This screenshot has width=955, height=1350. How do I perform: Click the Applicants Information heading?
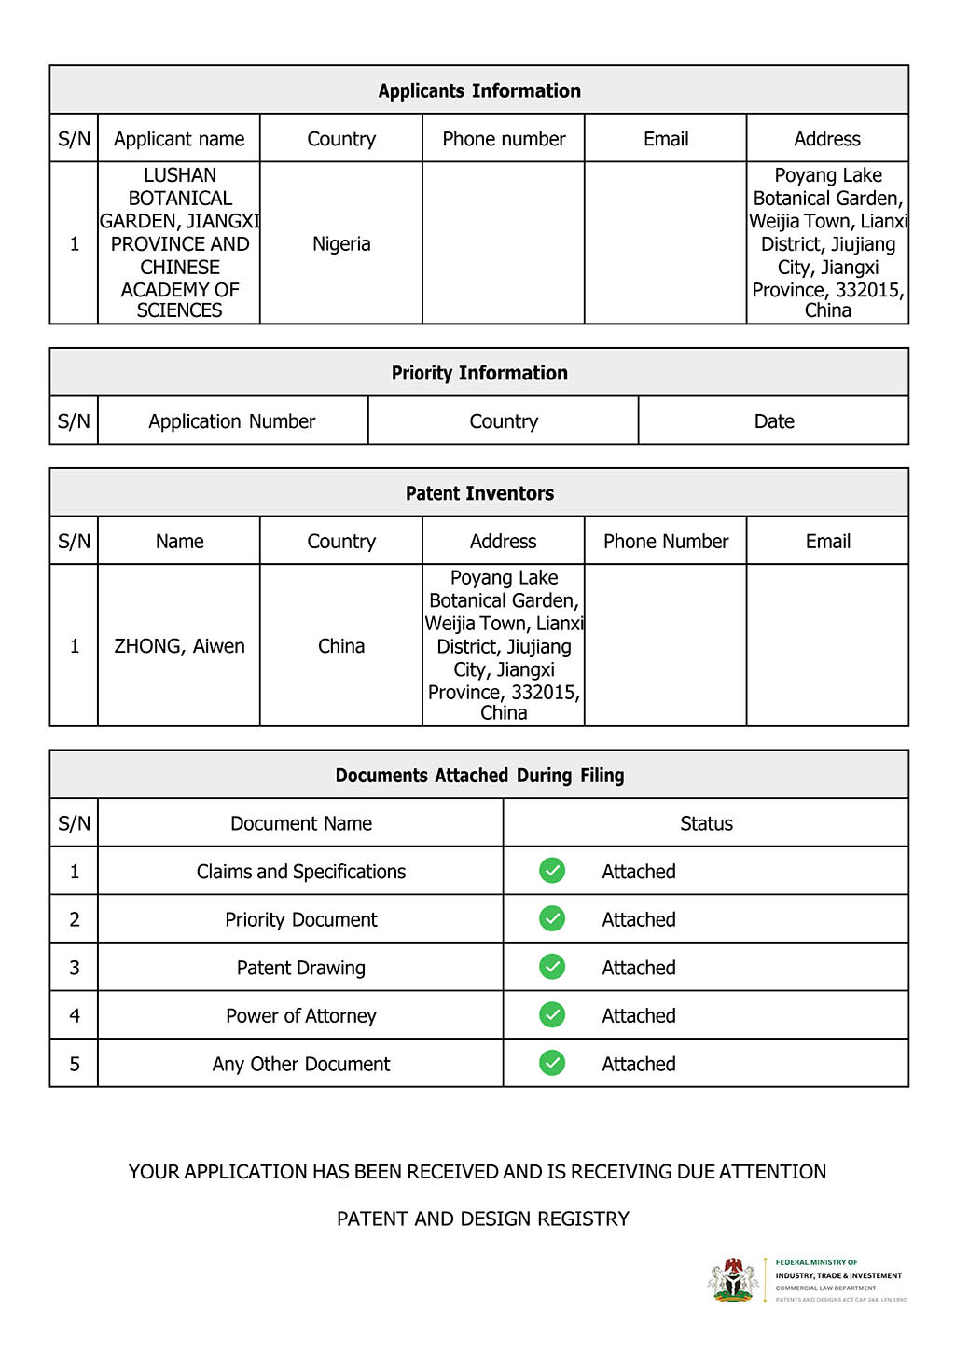[479, 90]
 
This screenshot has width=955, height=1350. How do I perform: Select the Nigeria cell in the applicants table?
[341, 244]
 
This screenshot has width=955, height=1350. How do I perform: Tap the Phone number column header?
[504, 139]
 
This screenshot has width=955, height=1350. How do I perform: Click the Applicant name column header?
[179, 139]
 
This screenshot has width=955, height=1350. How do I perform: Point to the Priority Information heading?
[479, 373]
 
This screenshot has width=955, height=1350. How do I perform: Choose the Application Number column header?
[232, 421]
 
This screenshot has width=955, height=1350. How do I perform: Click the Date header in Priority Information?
[774, 421]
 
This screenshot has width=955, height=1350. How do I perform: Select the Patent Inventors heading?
[479, 493]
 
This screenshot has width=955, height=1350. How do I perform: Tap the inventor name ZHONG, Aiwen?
[179, 646]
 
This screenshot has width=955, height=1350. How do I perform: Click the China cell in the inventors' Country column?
[341, 646]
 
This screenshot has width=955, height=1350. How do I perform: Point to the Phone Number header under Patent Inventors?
[666, 542]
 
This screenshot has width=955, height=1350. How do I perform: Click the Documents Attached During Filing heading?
[479, 776]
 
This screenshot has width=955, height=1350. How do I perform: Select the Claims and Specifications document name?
[301, 872]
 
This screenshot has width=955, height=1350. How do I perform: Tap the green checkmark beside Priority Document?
[552, 918]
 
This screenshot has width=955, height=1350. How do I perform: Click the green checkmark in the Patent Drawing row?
[552, 967]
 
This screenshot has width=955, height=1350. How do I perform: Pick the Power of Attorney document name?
[301, 1016]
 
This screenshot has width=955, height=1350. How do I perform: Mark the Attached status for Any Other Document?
[639, 1064]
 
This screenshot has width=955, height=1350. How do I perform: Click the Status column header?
[706, 823]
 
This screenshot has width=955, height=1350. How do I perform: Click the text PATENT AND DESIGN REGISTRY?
[483, 1219]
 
